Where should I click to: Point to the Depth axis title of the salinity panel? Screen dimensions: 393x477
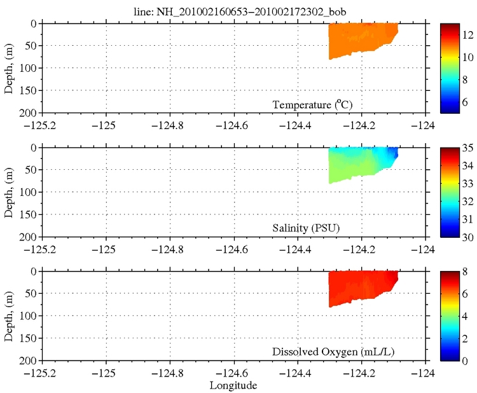click(x=10, y=192)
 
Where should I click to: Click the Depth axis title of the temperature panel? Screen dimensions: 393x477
click(x=10, y=68)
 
